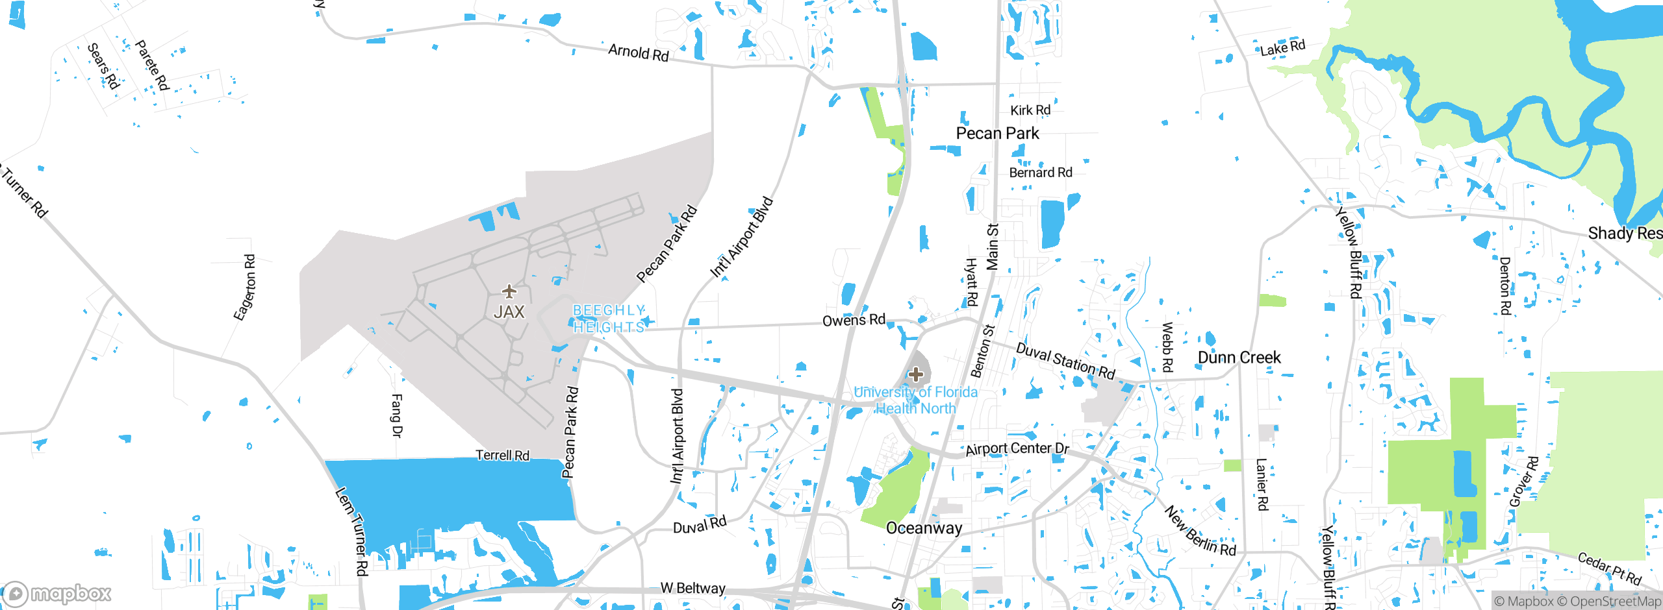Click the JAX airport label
(x=509, y=312)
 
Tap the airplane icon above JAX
(x=509, y=291)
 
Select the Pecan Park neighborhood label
(x=997, y=134)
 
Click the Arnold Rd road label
(x=638, y=52)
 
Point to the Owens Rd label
(x=854, y=320)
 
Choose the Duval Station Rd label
(x=1065, y=360)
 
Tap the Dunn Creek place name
(x=1239, y=358)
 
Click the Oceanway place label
(x=924, y=528)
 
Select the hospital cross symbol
(x=916, y=374)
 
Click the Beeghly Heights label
(x=609, y=319)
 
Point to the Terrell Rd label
(x=502, y=456)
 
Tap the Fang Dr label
(x=397, y=415)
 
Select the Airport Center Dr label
(x=1017, y=448)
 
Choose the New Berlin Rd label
(x=1200, y=531)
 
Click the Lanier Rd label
(x=1262, y=484)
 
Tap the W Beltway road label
(x=692, y=588)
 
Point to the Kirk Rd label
(x=1030, y=110)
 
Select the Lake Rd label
(x=1282, y=47)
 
